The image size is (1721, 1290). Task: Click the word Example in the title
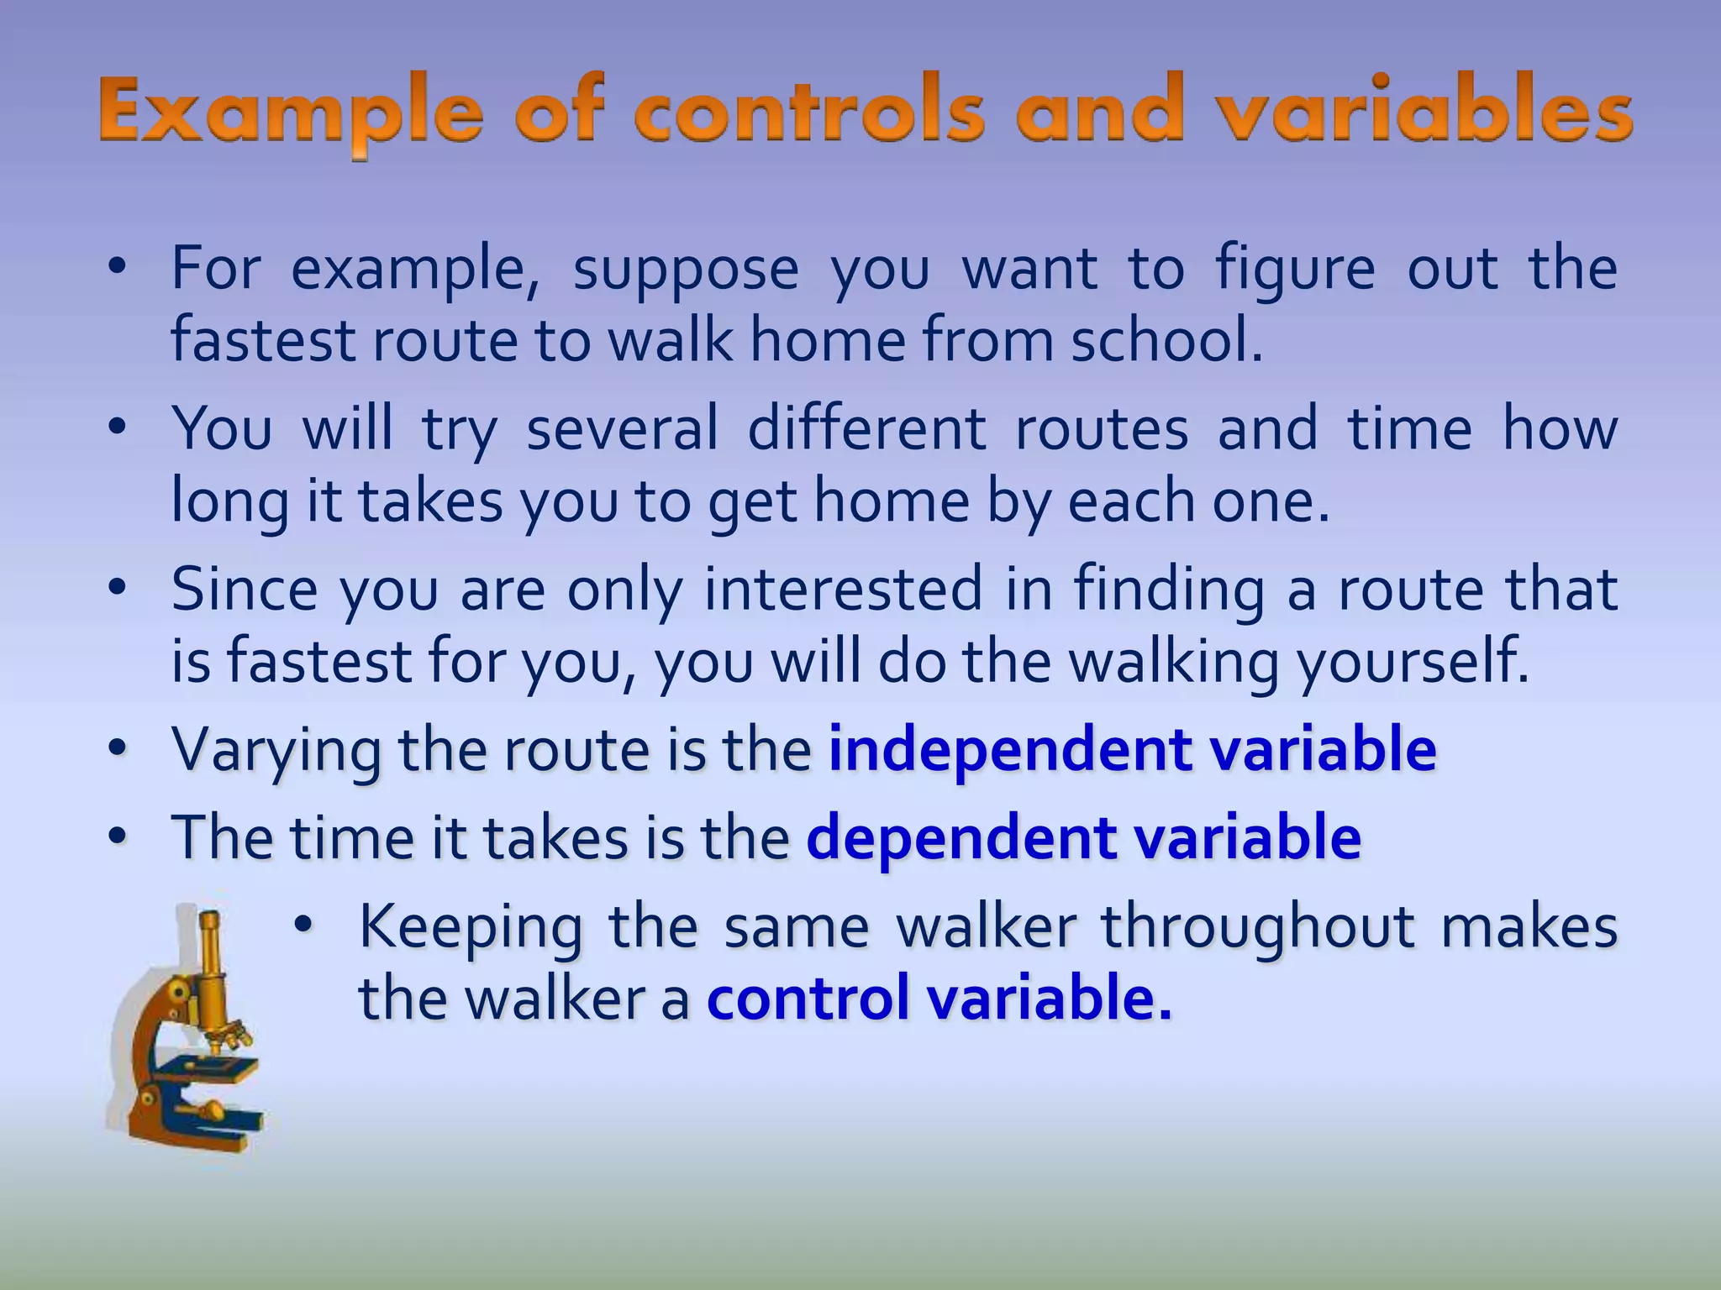coord(290,113)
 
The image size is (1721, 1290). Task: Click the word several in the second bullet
coord(622,429)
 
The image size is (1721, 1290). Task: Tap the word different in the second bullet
coord(866,429)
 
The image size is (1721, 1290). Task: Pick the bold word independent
coord(1009,749)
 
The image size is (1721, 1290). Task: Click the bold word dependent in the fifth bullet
coord(961,837)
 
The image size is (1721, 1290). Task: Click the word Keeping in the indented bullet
coord(471,928)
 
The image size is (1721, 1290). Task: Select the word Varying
coord(276,751)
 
